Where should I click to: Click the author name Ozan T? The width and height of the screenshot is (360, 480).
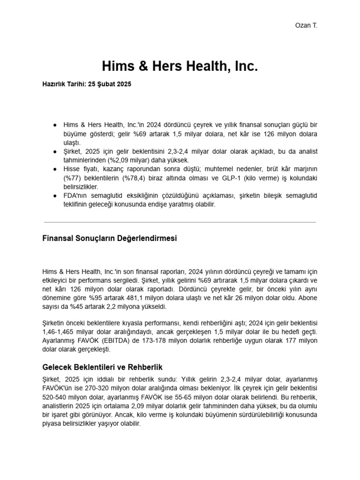pos(307,25)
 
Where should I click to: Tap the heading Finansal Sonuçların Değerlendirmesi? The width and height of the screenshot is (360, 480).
pos(110,238)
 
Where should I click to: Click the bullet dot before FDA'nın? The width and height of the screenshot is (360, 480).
pos(55,196)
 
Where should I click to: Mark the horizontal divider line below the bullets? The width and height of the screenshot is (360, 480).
pos(180,222)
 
